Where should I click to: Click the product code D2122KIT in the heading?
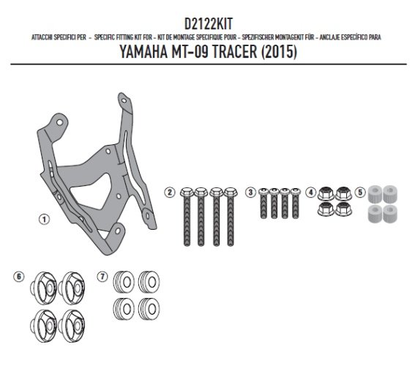[209, 24]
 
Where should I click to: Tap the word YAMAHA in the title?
[143, 51]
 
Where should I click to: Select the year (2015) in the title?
[279, 51]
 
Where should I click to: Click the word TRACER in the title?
[235, 51]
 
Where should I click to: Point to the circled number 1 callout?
[44, 220]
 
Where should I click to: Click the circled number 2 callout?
[170, 193]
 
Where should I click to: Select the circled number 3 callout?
[250, 193]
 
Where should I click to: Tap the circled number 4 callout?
[310, 193]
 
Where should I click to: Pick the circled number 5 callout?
[360, 193]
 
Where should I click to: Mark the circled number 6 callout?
[18, 277]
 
